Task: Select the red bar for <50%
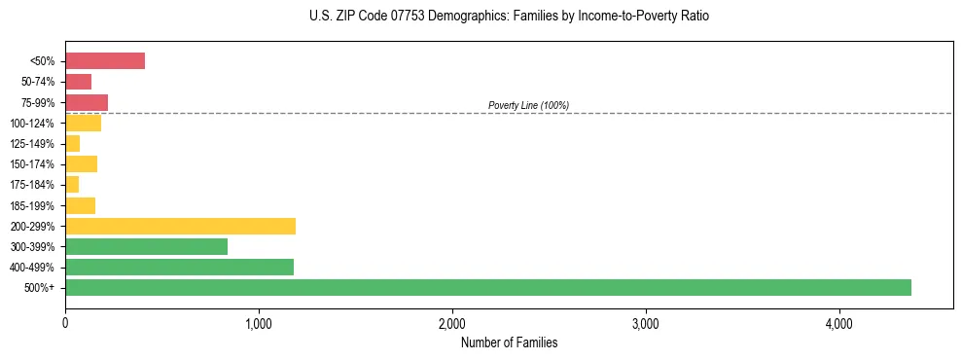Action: (x=105, y=61)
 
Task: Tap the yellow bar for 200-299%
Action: (x=180, y=227)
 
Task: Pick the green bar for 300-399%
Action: (x=146, y=247)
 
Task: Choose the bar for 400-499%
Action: (x=179, y=268)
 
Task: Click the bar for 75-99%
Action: (x=87, y=102)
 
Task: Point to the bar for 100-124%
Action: (x=83, y=124)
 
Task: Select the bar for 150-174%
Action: (x=81, y=164)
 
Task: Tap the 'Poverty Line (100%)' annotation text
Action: (x=528, y=105)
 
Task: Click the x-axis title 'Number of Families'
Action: (x=509, y=342)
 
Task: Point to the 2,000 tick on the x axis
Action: (x=452, y=323)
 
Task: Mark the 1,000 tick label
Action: (x=259, y=323)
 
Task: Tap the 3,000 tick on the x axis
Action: (x=646, y=323)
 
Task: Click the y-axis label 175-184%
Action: (x=34, y=185)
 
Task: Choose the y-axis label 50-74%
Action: (x=39, y=82)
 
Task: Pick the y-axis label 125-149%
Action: (x=34, y=144)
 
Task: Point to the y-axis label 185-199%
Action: (x=34, y=205)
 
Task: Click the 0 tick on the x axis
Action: (x=65, y=323)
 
